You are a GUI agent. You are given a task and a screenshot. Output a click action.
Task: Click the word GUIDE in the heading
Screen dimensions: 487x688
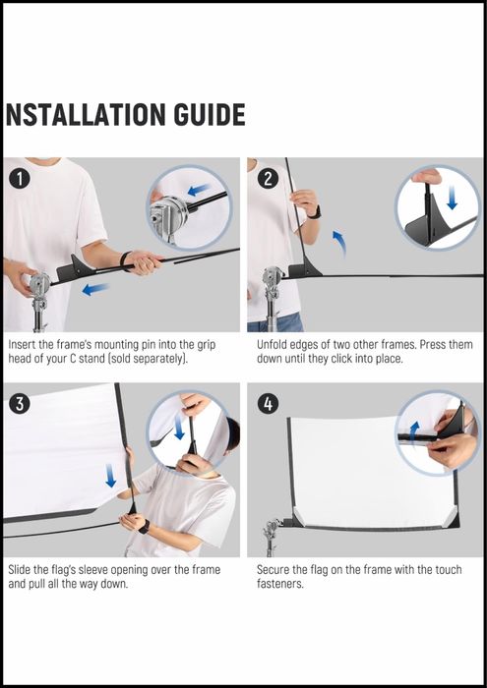click(x=209, y=115)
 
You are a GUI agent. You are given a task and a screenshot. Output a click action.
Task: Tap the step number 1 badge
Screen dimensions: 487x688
click(x=19, y=179)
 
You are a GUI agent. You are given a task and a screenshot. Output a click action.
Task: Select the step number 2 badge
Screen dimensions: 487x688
click(x=268, y=180)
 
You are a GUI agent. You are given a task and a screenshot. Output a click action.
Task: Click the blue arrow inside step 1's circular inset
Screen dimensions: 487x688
click(x=199, y=190)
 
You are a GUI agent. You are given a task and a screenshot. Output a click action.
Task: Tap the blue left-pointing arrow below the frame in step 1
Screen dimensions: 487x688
click(x=95, y=289)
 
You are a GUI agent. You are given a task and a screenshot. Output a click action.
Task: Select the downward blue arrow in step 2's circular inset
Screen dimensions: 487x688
click(x=452, y=200)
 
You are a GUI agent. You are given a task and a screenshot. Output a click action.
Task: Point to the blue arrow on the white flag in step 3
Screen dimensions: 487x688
click(x=110, y=476)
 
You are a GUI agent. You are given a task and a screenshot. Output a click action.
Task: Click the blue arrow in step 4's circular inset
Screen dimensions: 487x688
click(x=413, y=432)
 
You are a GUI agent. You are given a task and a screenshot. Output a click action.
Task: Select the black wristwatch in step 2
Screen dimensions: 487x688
click(x=315, y=212)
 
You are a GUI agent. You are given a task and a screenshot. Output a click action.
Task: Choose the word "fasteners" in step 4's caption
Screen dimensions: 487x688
click(x=278, y=584)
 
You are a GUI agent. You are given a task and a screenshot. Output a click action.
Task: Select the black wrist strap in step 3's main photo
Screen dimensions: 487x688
click(x=144, y=527)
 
